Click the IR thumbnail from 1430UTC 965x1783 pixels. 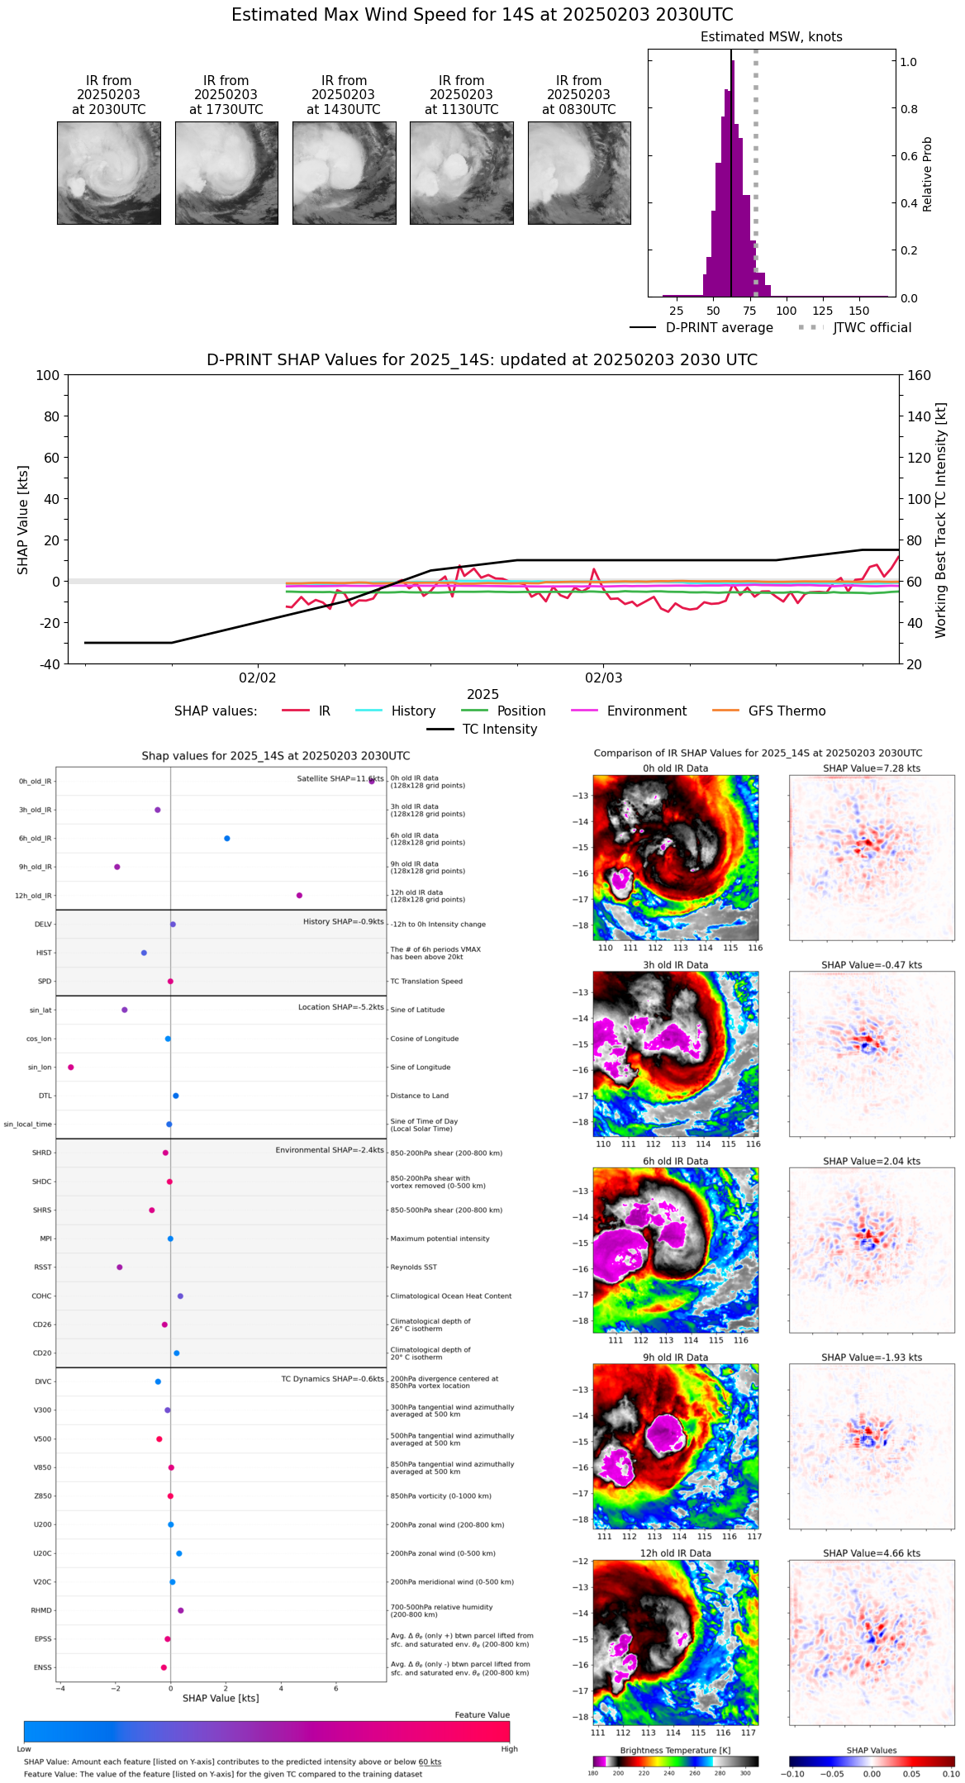tap(344, 173)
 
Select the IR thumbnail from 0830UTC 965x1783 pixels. tap(579, 173)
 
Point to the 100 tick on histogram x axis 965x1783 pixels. tap(787, 311)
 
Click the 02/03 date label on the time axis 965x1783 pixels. tap(603, 678)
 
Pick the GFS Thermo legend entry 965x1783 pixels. tap(787, 711)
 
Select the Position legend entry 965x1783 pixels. tap(521, 711)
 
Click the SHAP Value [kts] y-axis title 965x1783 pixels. tap(23, 520)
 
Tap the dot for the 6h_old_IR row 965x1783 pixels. tap(227, 839)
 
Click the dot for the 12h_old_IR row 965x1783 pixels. tap(299, 896)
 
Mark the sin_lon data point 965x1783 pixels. tap(71, 1067)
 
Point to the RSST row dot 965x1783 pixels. tap(120, 1267)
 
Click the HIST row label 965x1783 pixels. tap(44, 953)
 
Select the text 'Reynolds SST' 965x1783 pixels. tap(413, 1267)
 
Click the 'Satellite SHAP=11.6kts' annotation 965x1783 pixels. tap(340, 779)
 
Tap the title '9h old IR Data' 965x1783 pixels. tap(675, 1357)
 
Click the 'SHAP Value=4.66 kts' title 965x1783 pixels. tap(872, 1553)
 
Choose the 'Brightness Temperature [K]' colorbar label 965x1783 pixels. tap(675, 1750)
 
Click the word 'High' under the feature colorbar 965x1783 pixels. tap(509, 1749)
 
